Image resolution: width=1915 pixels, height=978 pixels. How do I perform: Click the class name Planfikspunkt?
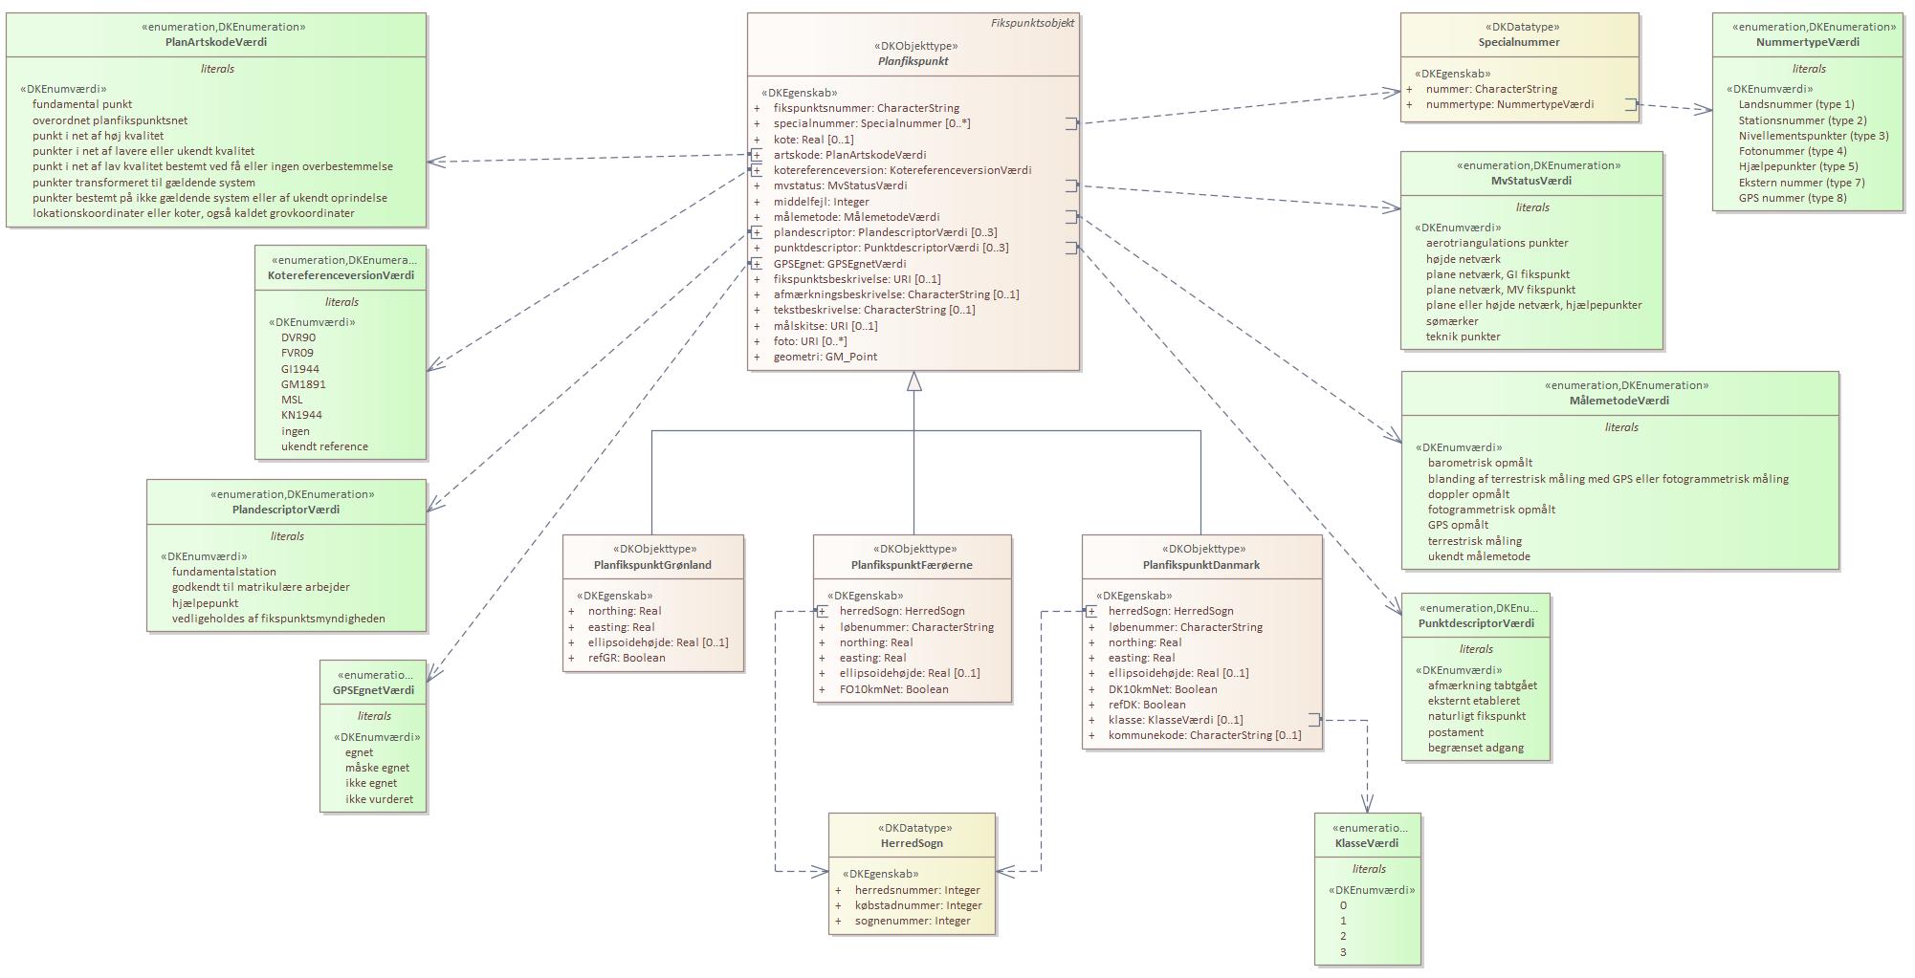click(x=913, y=61)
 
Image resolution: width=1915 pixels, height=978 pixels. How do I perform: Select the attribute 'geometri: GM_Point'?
click(x=825, y=357)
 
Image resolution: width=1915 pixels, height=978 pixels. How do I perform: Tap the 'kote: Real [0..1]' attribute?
click(x=813, y=140)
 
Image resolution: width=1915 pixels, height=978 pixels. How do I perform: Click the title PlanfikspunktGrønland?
click(x=652, y=565)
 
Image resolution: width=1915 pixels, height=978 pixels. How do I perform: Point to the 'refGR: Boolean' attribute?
click(x=627, y=658)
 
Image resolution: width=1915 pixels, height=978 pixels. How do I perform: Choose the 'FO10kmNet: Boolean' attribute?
click(x=893, y=689)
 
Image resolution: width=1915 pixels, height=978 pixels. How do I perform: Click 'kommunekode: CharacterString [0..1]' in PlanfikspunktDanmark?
click(x=1204, y=735)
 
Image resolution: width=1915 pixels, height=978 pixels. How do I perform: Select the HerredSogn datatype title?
click(x=912, y=843)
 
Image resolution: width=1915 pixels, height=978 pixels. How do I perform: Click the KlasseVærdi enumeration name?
click(x=1366, y=843)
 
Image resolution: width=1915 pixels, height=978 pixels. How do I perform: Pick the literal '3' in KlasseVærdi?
click(x=1344, y=952)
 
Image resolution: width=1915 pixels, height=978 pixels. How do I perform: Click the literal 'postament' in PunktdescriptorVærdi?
click(x=1455, y=732)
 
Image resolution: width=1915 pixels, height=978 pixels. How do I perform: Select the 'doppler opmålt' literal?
click(x=1468, y=494)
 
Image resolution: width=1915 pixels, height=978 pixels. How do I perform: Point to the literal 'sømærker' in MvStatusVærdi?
click(x=1452, y=321)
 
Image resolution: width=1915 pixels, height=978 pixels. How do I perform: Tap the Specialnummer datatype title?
click(x=1518, y=42)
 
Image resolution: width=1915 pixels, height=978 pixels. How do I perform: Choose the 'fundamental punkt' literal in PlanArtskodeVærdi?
click(x=82, y=104)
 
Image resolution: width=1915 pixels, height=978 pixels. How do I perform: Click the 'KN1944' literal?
click(x=301, y=415)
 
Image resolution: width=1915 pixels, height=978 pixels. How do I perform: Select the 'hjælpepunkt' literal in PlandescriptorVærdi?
click(x=205, y=603)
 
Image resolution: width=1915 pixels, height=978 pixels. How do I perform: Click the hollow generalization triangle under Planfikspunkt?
click(x=913, y=381)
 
